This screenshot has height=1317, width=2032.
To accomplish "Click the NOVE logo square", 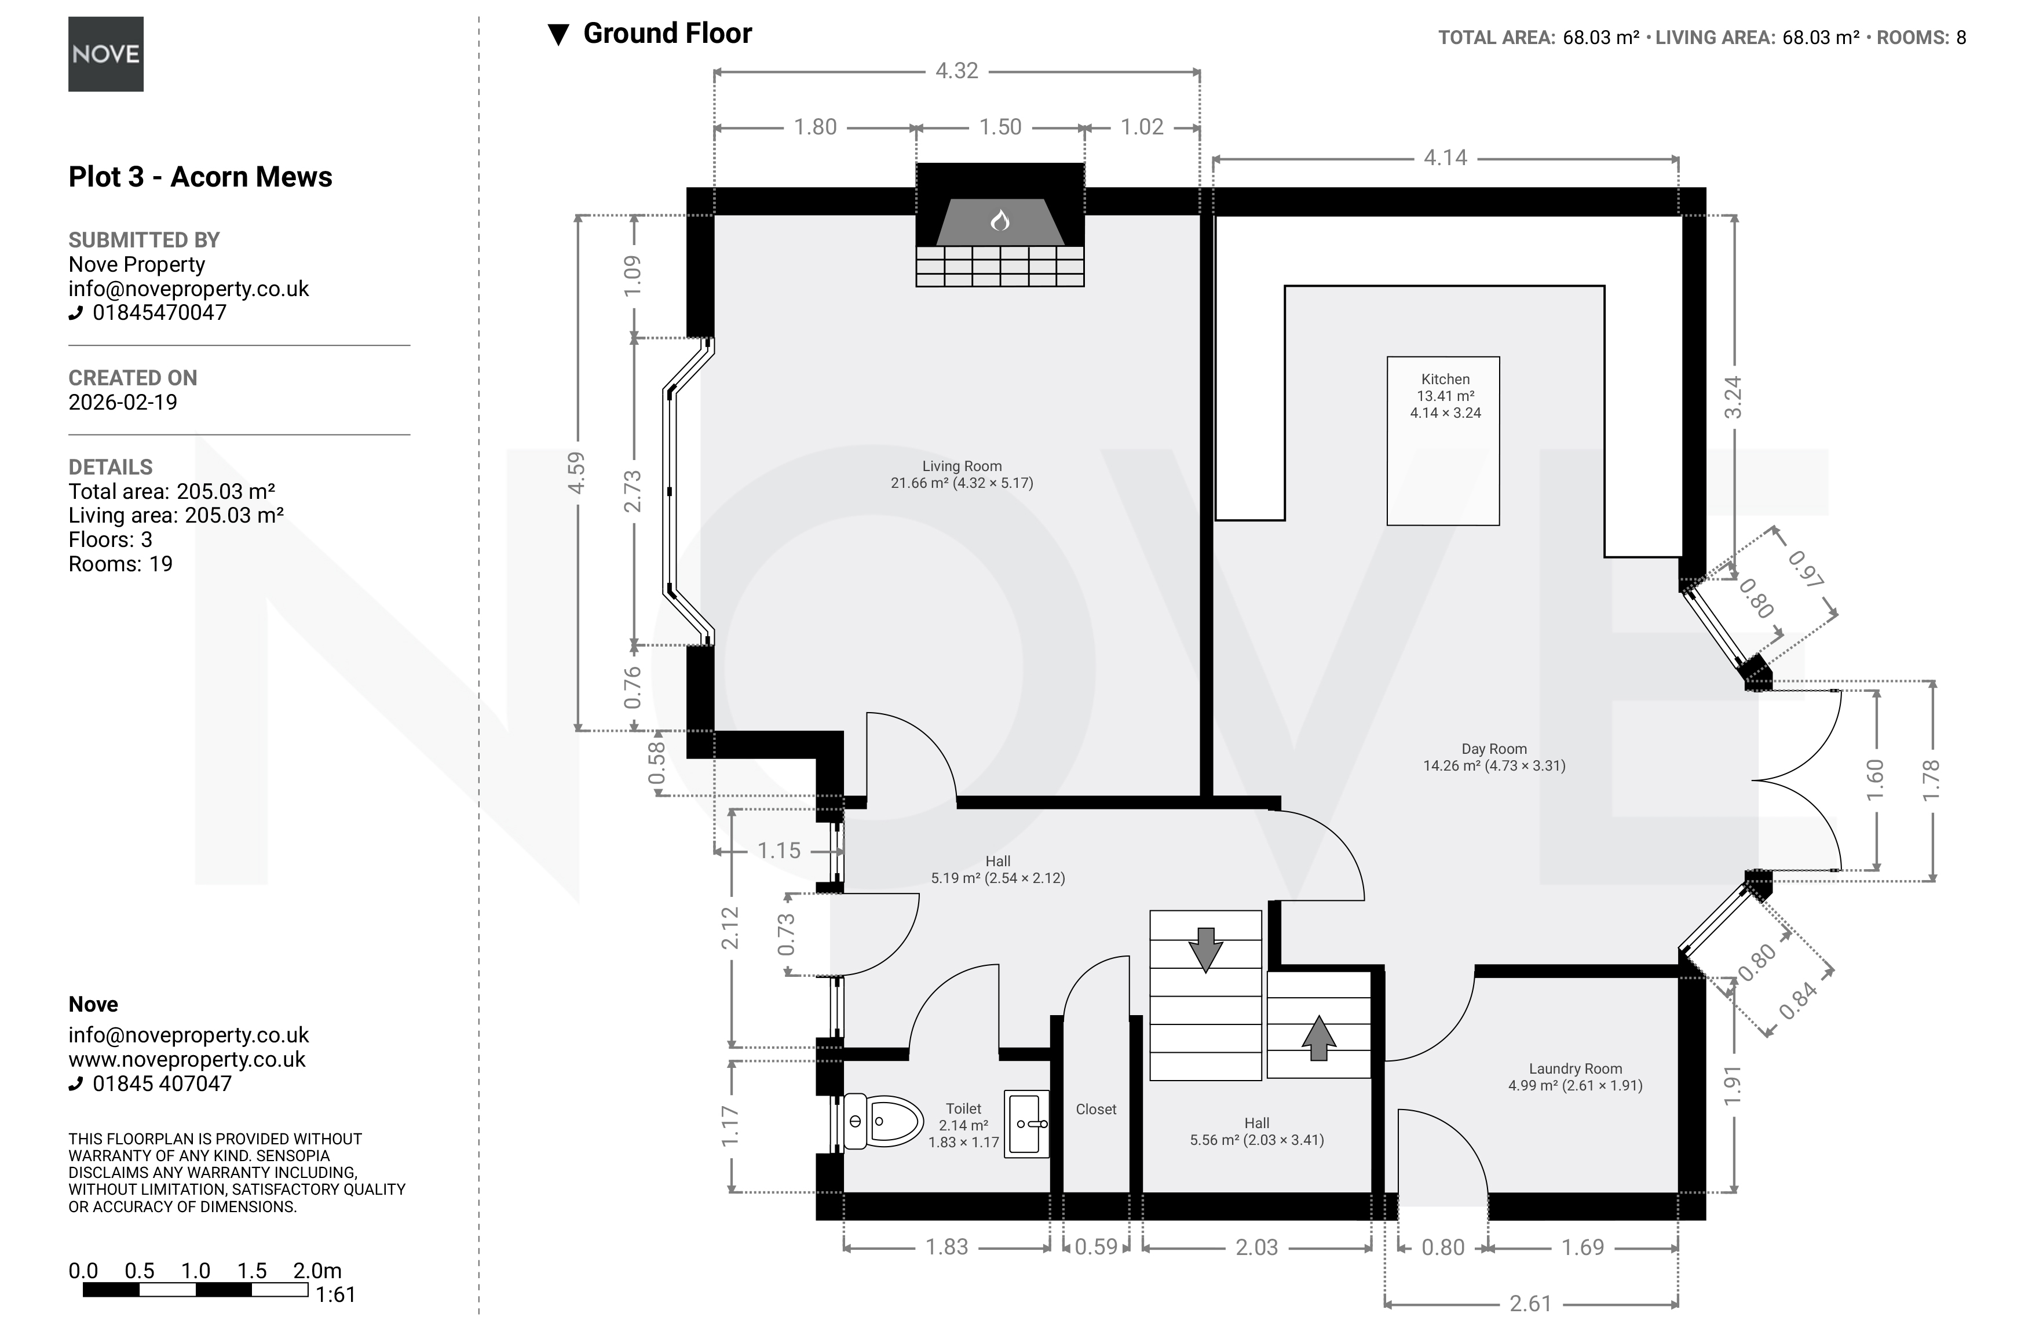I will (106, 54).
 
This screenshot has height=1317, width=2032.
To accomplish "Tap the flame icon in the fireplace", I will (1000, 221).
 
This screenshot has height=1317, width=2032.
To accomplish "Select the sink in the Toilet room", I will (1026, 1123).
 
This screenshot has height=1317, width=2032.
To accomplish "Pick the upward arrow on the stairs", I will (1318, 1038).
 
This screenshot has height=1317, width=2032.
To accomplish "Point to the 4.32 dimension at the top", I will (956, 71).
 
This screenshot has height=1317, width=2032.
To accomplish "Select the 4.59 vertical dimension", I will (577, 472).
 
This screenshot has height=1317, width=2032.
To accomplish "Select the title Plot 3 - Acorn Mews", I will (200, 177).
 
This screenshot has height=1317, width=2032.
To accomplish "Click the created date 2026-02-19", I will (123, 402).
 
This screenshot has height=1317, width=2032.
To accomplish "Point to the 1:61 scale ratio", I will (335, 1295).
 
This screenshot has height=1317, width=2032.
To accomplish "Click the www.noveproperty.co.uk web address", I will (187, 1059).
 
